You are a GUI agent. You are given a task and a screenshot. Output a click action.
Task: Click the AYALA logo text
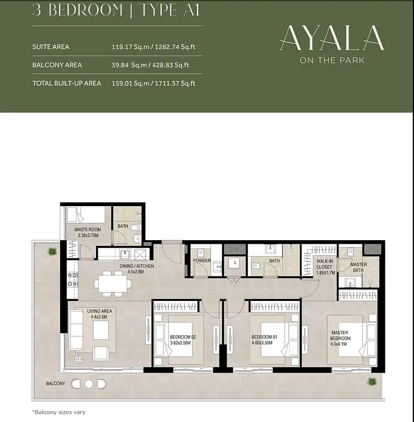click(x=332, y=38)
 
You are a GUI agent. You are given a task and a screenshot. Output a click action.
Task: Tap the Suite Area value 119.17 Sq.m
click(x=131, y=47)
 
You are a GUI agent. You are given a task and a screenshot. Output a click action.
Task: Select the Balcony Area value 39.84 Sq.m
click(x=131, y=65)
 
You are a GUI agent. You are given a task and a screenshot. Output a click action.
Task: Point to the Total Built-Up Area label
click(x=67, y=83)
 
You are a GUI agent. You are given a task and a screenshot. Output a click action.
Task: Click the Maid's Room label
click(x=88, y=232)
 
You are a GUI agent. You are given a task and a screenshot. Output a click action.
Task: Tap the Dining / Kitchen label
click(x=137, y=269)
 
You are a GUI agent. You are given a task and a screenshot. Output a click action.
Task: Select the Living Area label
click(x=100, y=314)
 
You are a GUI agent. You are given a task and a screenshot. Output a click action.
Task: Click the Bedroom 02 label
click(x=182, y=340)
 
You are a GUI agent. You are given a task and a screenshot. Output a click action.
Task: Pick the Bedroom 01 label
click(x=264, y=340)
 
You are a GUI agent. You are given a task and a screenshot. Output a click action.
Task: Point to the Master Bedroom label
click(x=340, y=338)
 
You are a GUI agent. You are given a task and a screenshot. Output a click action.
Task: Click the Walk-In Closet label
click(x=325, y=267)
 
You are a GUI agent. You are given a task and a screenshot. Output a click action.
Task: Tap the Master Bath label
click(x=358, y=268)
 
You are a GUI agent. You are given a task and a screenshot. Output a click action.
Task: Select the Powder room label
click(x=202, y=260)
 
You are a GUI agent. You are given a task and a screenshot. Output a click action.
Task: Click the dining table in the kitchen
click(x=112, y=284)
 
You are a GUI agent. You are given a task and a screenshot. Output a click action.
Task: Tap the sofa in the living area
click(x=76, y=330)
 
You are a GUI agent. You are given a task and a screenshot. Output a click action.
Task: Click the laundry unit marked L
click(x=235, y=266)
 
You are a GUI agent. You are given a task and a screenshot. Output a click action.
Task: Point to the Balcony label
click(x=55, y=383)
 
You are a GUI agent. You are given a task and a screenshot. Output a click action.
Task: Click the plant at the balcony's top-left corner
click(x=52, y=252)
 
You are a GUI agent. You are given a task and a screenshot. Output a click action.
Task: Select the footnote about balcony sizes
click(x=58, y=412)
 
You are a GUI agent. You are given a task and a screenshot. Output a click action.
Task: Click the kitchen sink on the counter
click(x=125, y=254)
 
